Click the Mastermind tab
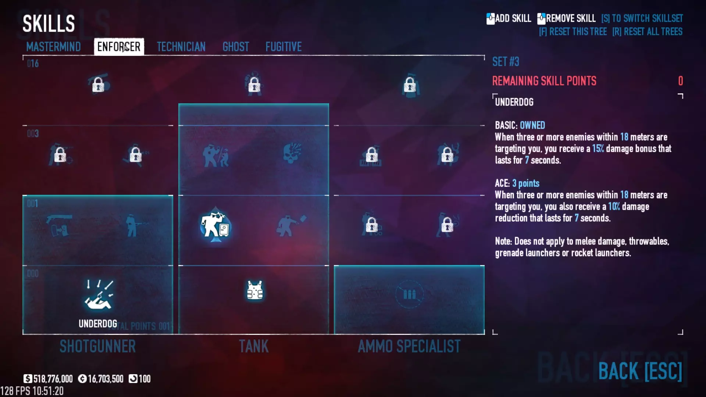point(53,47)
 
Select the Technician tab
point(181,47)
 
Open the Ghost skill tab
point(236,47)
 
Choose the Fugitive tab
point(284,47)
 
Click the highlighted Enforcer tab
point(119,47)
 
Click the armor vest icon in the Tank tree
point(254,290)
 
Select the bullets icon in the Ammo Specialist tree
point(409,294)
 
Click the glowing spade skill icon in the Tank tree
point(215,226)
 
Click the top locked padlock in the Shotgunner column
point(98,85)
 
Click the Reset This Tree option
point(573,32)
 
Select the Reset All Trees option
point(647,32)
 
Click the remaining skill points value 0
point(680,81)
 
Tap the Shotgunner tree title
point(97,346)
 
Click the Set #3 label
point(506,62)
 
